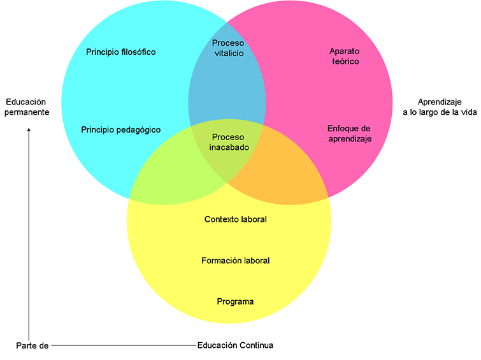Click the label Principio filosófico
120,52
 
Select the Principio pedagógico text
120,130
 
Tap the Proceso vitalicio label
227,48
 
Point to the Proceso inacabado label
228,142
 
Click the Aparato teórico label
345,56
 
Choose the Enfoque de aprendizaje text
349,133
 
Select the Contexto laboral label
235,220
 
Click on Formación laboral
235,261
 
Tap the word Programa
235,302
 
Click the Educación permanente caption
27,107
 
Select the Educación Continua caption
235,346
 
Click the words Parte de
32,346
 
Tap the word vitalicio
227,54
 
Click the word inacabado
229,147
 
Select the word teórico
345,62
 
